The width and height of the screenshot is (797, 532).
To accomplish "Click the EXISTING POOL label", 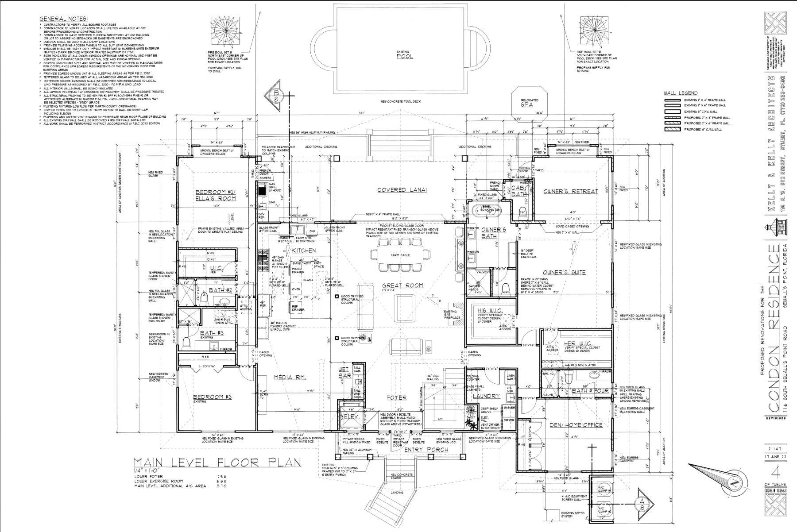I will coord(405,54).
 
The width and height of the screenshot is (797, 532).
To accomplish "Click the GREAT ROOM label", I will coord(402,285).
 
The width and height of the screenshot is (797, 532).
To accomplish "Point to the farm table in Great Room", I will coord(400,255).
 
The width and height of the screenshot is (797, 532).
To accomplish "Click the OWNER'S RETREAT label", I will coord(571,191).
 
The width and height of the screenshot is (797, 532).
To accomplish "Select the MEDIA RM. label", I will coord(290,377).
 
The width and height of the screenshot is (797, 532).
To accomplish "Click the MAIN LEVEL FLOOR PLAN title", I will coord(217,463).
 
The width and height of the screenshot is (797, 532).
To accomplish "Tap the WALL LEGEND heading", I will coord(680,93).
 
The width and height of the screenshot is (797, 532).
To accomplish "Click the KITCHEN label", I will coord(304,251).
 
